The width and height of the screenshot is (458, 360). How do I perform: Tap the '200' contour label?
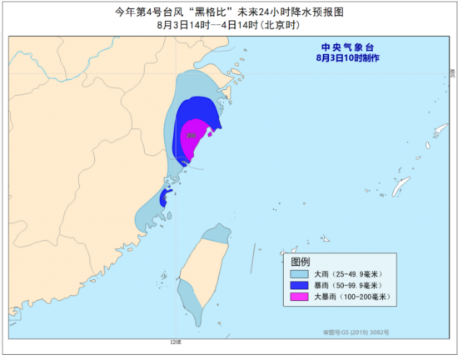[x=192, y=135]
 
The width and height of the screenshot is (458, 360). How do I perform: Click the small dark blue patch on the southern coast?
[x=165, y=198]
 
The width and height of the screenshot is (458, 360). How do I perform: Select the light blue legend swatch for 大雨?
[x=296, y=273]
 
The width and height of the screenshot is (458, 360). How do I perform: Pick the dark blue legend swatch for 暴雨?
[x=296, y=285]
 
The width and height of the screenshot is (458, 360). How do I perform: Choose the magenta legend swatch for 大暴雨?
[x=296, y=297]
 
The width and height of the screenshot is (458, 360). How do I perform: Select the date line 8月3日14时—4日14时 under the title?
[x=228, y=26]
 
